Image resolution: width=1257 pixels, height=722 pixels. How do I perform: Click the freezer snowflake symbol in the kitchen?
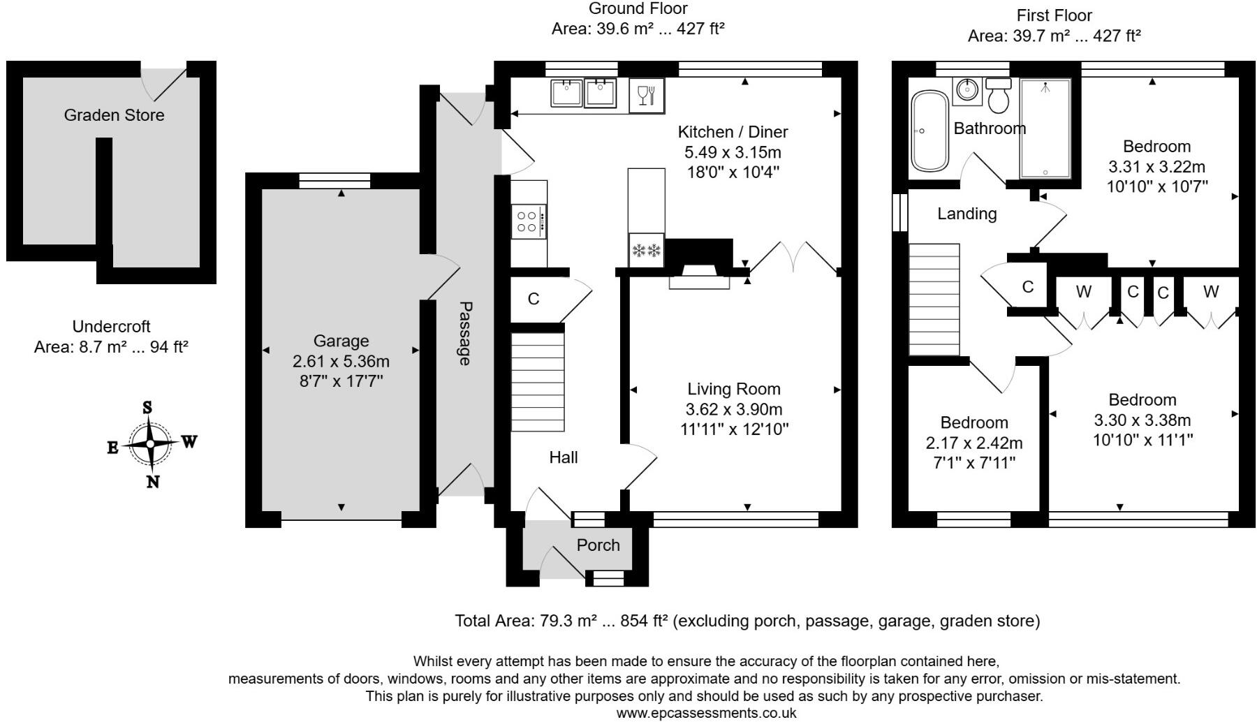point(645,250)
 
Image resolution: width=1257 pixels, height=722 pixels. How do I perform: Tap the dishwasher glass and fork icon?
point(647,95)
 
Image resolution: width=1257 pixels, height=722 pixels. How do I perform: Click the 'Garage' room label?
point(341,341)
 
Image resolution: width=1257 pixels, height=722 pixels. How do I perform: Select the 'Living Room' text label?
point(734,389)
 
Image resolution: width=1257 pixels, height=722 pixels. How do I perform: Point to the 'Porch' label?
point(598,545)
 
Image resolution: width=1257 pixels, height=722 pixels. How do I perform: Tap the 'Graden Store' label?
point(114,115)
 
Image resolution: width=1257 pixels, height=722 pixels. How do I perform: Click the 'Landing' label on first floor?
point(967,214)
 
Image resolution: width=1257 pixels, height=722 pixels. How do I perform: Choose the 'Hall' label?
point(564,457)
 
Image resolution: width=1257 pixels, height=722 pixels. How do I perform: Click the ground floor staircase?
point(538,382)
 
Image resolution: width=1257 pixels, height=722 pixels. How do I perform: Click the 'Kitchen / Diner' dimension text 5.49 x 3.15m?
point(733,152)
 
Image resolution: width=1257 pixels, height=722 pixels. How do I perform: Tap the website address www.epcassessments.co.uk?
point(706,713)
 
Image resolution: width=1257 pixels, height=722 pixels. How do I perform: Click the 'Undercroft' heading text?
point(112,326)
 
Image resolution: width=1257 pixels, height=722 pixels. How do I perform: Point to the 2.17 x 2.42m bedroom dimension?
point(974,443)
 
